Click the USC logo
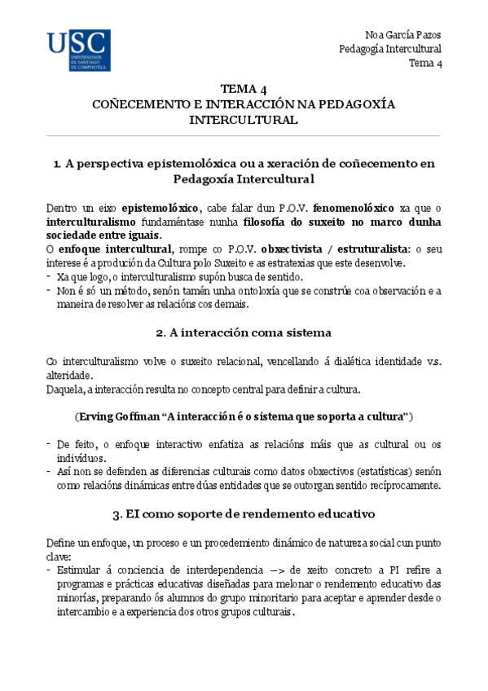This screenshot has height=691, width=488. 79,51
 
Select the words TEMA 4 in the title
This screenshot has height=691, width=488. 243,90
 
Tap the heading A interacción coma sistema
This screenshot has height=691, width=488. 243,332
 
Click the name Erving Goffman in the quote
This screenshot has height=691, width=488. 117,416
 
